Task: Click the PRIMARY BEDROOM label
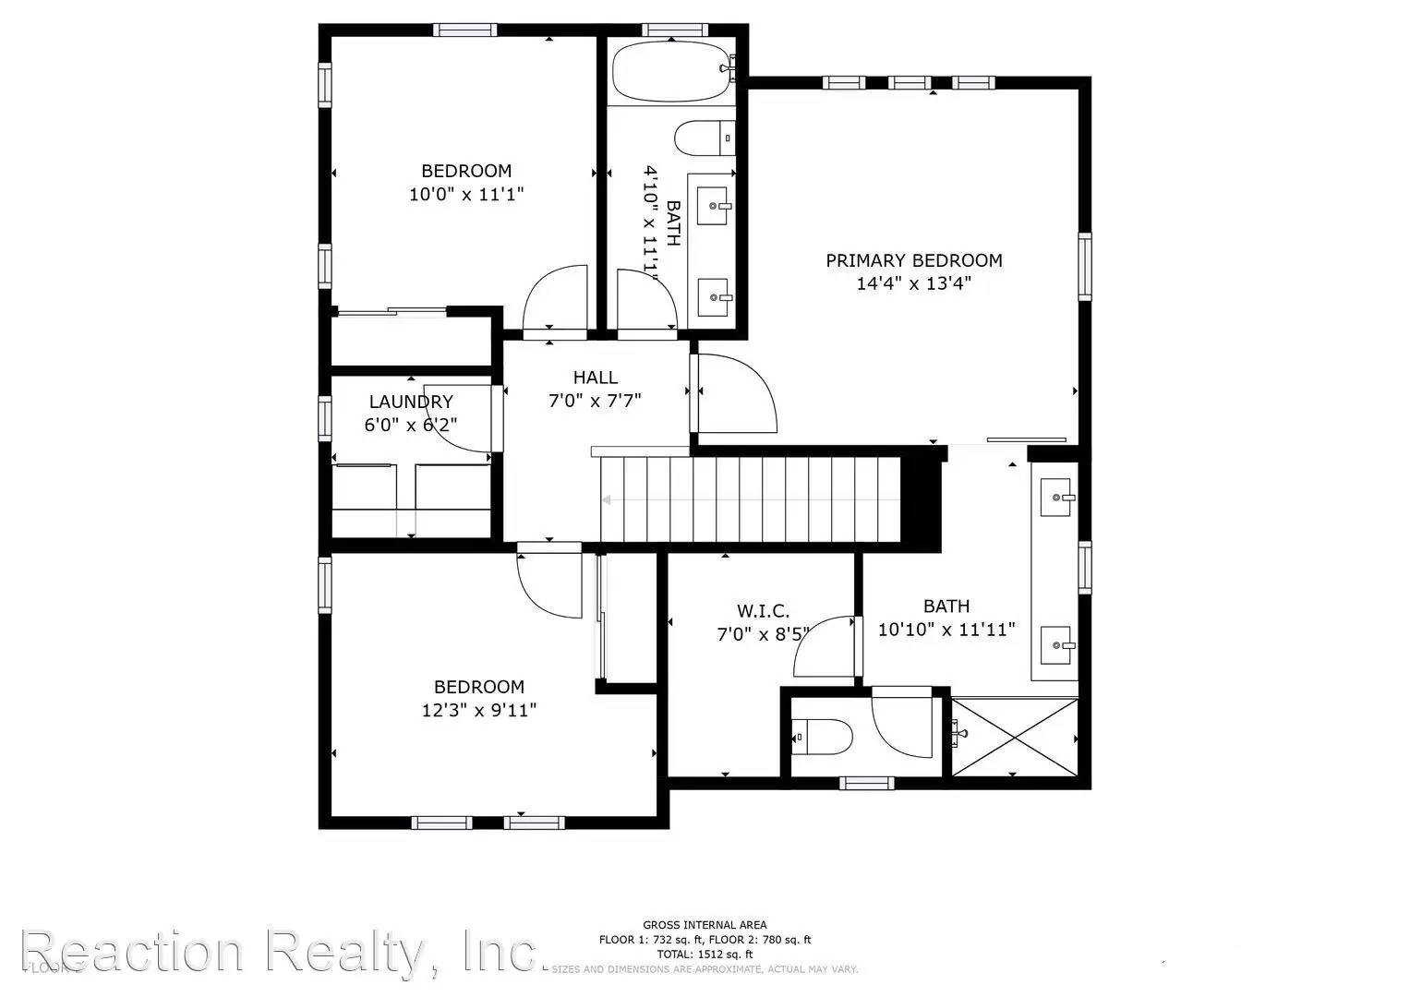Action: tap(913, 260)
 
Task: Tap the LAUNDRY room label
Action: tap(411, 402)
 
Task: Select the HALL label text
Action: tap(595, 377)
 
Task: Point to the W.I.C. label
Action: tap(763, 610)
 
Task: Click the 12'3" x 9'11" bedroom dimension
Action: tap(479, 710)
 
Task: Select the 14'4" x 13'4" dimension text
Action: tap(913, 283)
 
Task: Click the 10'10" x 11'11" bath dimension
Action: tap(946, 630)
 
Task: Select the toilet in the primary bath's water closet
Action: tap(822, 736)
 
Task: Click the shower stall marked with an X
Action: tap(1014, 737)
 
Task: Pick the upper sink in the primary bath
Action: tap(1055, 498)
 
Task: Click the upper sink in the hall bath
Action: tap(712, 206)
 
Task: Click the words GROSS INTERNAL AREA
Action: tap(705, 925)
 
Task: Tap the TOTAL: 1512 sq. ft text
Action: tap(705, 955)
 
